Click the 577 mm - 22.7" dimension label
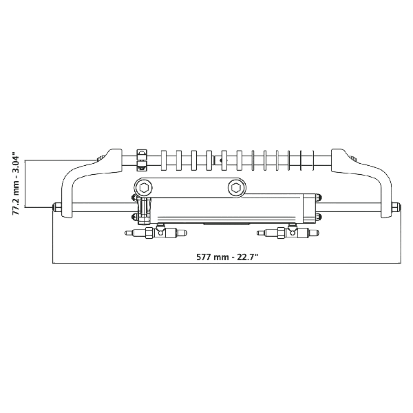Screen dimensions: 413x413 coord(226,257)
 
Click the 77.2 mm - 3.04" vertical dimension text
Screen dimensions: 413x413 coord(16,183)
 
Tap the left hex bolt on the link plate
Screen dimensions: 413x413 coord(144,187)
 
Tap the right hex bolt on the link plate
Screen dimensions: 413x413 coord(237,187)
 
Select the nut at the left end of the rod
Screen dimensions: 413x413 coord(57,206)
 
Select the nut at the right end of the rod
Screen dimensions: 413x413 coord(396,206)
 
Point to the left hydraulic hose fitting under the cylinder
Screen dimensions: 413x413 coord(156,232)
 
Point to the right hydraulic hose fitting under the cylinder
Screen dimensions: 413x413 coord(288,232)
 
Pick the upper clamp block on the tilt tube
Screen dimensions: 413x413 coord(142,154)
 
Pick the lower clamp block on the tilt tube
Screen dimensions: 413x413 coord(142,166)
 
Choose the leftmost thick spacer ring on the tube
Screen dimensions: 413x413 coord(164,160)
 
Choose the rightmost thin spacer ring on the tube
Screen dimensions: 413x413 coord(313,160)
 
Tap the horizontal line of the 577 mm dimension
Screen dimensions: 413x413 coord(226,263)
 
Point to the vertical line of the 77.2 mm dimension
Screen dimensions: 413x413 coord(25,184)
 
